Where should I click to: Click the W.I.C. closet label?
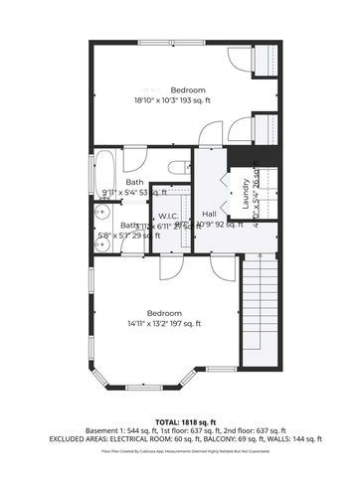[x=167, y=216]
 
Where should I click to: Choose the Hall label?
[x=209, y=214]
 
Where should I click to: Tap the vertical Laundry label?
[x=240, y=194]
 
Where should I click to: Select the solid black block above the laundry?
[x=243, y=157]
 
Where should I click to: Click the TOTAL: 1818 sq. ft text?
[x=179, y=422]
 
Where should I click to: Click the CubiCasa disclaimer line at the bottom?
[x=179, y=451]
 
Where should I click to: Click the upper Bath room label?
[x=134, y=183]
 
